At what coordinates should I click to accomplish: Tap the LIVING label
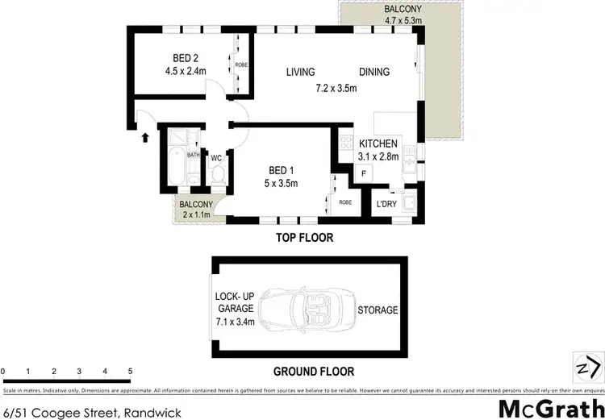[x=300, y=72]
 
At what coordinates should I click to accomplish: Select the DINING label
[x=374, y=72]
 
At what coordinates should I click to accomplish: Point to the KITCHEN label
[x=378, y=143]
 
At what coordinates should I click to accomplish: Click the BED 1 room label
[x=282, y=169]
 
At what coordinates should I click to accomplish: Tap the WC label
[x=216, y=158]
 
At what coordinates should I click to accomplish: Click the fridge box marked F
[x=364, y=173]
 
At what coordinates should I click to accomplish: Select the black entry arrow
[x=146, y=137]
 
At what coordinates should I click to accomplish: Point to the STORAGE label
[x=378, y=310]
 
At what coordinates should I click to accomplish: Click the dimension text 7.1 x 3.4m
[x=235, y=322]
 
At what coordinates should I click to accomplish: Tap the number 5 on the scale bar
[x=130, y=371]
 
